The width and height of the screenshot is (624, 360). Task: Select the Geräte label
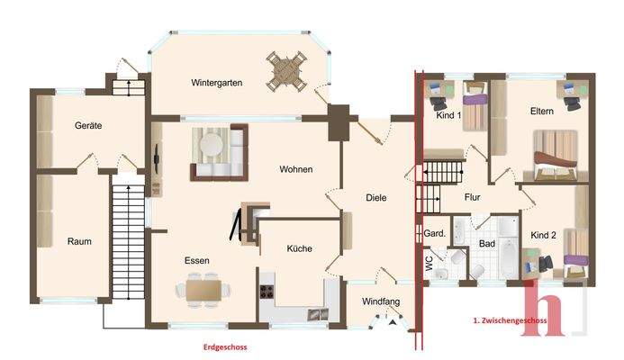(x=87, y=126)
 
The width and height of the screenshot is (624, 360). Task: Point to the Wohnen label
(x=295, y=169)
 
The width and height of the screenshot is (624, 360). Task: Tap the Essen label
(x=197, y=260)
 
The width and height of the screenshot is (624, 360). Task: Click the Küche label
(x=299, y=248)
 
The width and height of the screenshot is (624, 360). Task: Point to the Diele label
(x=375, y=198)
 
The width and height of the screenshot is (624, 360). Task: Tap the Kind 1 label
(x=448, y=115)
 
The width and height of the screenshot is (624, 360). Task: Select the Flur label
(x=473, y=197)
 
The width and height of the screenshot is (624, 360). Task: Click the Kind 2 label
(x=543, y=235)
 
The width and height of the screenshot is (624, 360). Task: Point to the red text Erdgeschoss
(x=224, y=346)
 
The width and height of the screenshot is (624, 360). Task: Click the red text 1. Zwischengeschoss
(x=512, y=319)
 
